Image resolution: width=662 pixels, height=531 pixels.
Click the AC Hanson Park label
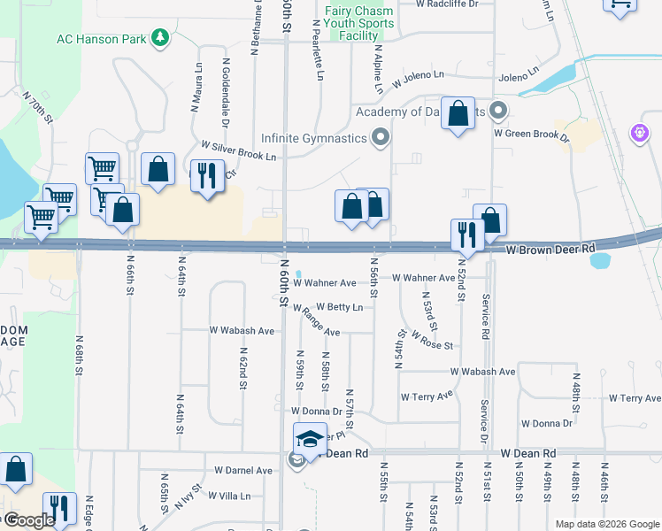[102, 38]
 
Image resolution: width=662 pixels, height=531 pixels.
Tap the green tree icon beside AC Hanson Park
[160, 37]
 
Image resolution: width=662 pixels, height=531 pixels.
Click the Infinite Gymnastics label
[313, 138]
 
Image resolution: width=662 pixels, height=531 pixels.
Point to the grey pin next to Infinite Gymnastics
[381, 137]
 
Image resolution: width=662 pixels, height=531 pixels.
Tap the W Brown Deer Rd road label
[550, 250]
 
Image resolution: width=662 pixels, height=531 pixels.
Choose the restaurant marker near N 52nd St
[466, 234]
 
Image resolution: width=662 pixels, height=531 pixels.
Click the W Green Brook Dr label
[530, 133]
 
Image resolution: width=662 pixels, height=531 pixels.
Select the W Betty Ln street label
[339, 307]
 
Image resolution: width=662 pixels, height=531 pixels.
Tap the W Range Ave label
[316, 322]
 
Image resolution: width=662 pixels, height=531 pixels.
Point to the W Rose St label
[432, 339]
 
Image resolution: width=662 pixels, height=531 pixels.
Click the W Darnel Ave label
[243, 470]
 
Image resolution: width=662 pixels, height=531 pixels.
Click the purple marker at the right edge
[640, 133]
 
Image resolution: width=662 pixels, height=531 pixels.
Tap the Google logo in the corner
[29, 520]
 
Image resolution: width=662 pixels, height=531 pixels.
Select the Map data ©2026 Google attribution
[606, 523]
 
